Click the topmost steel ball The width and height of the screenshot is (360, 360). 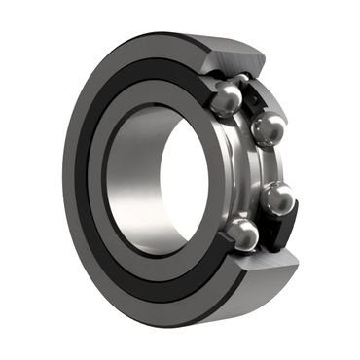pos(226,96)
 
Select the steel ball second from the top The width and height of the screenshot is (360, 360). pos(268,127)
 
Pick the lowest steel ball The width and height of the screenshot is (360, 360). pos(243,234)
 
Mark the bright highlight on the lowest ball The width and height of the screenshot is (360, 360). pos(239,229)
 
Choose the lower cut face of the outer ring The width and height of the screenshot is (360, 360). pos(263,268)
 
